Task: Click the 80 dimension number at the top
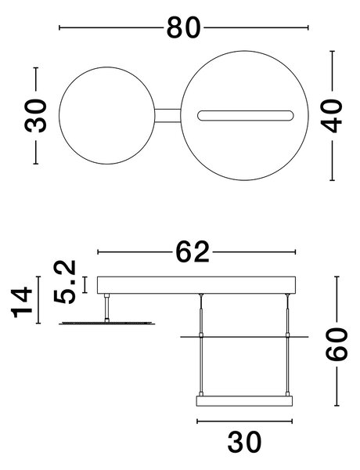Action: click(x=183, y=27)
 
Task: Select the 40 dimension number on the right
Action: click(x=332, y=116)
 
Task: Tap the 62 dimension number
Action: click(x=193, y=252)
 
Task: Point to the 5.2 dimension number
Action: click(x=65, y=282)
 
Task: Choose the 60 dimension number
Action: click(x=337, y=344)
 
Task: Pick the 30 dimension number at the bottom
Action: click(x=244, y=442)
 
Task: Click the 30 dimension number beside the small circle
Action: click(x=36, y=116)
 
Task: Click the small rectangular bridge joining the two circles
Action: click(x=167, y=116)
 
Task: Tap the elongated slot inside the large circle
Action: click(x=245, y=116)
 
